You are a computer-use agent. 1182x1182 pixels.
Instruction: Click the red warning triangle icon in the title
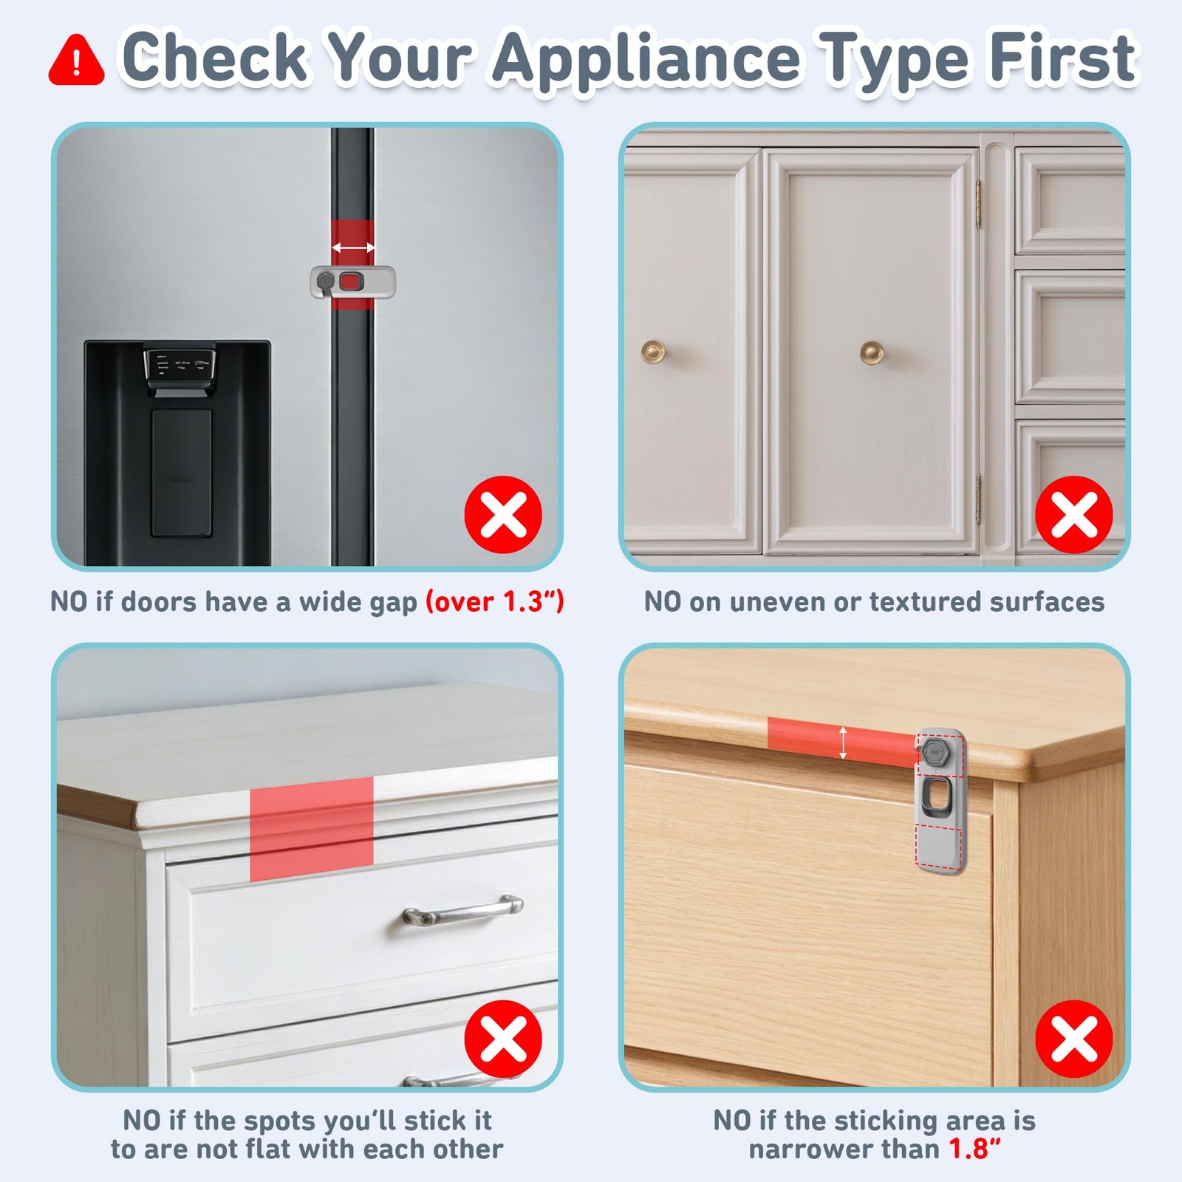(x=76, y=60)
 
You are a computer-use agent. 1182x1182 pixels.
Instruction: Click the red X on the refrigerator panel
(x=503, y=514)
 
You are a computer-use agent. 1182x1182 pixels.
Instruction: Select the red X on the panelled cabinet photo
(x=1073, y=514)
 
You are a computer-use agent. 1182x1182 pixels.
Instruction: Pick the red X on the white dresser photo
(x=503, y=1039)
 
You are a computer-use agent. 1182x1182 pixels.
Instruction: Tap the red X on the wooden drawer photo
(x=1073, y=1039)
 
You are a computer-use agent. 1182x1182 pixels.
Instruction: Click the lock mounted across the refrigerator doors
(x=352, y=282)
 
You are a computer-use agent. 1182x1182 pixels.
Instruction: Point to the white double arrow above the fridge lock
(x=352, y=247)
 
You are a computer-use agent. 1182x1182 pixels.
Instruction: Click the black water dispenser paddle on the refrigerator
(x=181, y=473)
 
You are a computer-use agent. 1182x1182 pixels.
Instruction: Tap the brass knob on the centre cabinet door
(x=872, y=352)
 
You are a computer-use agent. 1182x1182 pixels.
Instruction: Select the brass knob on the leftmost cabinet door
(x=653, y=352)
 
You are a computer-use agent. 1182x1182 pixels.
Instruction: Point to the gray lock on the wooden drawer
(x=940, y=801)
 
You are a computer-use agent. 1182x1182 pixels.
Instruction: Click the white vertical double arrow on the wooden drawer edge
(x=843, y=742)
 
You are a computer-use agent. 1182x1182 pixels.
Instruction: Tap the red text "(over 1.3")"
(x=494, y=601)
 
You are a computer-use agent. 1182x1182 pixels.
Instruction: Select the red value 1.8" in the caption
(x=974, y=1149)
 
